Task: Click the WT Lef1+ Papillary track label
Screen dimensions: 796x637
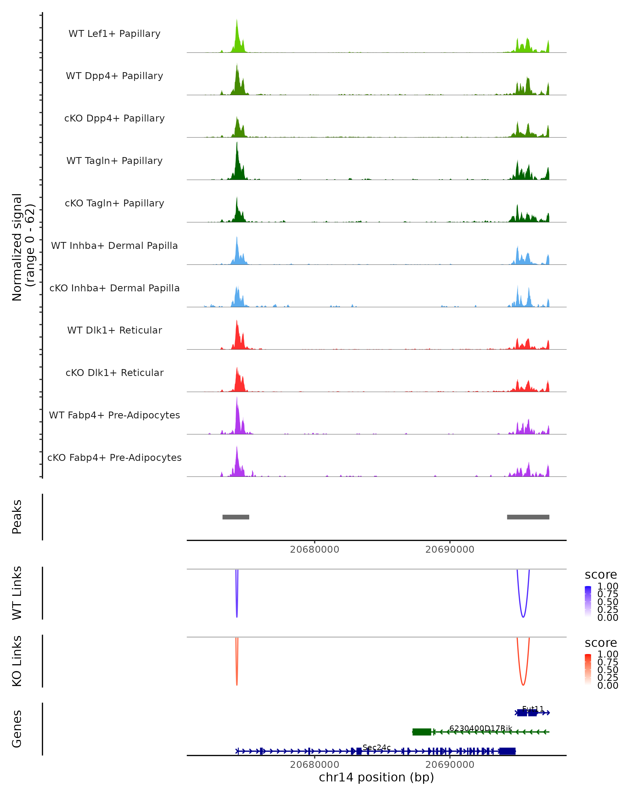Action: click(114, 34)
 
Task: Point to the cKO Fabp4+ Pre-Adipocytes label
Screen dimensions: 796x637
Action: click(114, 457)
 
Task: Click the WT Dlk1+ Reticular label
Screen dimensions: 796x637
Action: click(114, 330)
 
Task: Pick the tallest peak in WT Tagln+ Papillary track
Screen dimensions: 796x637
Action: click(237, 144)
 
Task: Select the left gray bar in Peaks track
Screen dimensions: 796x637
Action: click(236, 517)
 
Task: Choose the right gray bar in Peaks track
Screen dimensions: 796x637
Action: click(528, 517)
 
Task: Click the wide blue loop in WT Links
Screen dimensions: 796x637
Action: click(523, 616)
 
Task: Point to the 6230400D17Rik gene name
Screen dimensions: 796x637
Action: click(480, 728)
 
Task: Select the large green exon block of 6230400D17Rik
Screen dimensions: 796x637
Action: click(422, 732)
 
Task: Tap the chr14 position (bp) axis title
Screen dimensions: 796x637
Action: click(376, 777)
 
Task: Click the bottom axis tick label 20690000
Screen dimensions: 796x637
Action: click(450, 765)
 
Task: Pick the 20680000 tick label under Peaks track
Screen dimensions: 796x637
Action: click(314, 550)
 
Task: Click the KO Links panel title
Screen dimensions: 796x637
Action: click(17, 661)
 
